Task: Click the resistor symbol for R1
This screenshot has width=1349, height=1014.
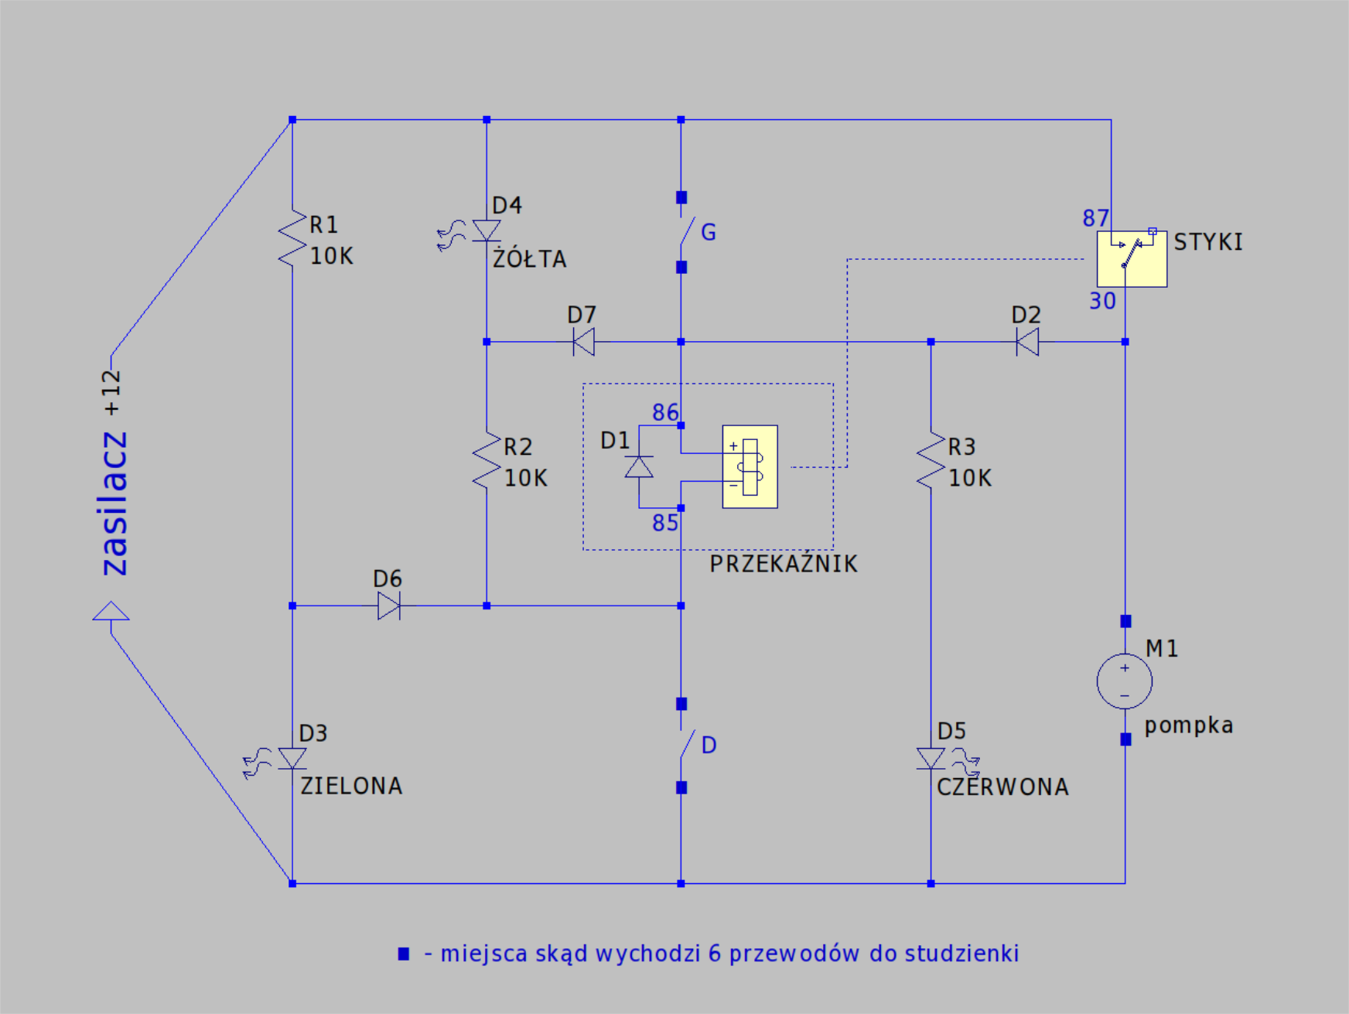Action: click(292, 238)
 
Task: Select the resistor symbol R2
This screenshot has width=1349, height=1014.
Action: click(487, 460)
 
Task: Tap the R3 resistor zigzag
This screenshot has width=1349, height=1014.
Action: click(931, 460)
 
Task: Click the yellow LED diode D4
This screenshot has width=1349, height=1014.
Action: click(486, 230)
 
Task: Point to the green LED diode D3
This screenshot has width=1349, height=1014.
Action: click(292, 758)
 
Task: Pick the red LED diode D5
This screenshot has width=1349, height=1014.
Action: click(931, 758)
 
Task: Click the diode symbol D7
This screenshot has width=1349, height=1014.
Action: click(584, 341)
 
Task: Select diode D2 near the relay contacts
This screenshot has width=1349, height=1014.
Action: click(1027, 341)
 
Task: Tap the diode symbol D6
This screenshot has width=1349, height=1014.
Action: click(389, 606)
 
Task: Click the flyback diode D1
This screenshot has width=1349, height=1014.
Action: click(639, 467)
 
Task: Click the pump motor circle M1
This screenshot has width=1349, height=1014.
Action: click(1125, 681)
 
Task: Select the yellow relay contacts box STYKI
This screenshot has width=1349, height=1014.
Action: click(1132, 258)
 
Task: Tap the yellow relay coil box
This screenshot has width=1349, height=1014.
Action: click(750, 466)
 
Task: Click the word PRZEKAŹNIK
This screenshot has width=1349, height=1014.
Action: click(784, 563)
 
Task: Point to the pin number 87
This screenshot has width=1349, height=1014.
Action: click(1095, 218)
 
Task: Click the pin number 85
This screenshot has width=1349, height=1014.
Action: click(665, 523)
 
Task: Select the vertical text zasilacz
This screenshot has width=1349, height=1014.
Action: click(114, 504)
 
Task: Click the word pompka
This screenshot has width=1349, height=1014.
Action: click(1189, 726)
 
